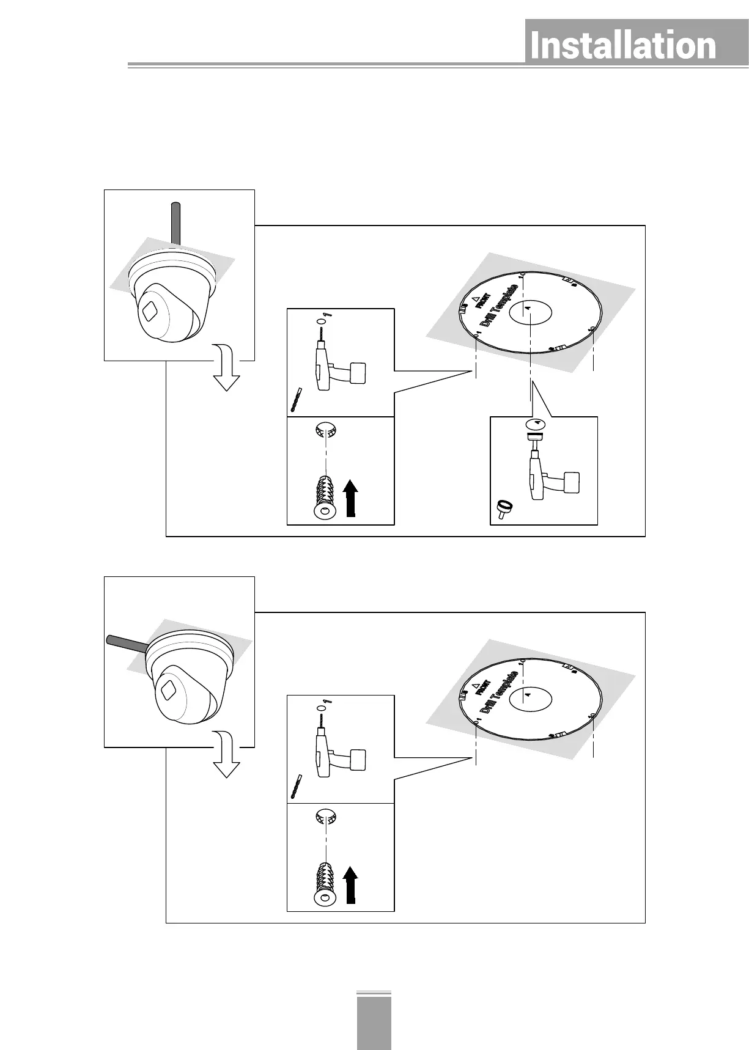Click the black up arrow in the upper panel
point(350,497)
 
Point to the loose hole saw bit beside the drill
point(504,508)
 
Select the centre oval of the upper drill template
point(529,312)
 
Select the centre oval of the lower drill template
point(529,697)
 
